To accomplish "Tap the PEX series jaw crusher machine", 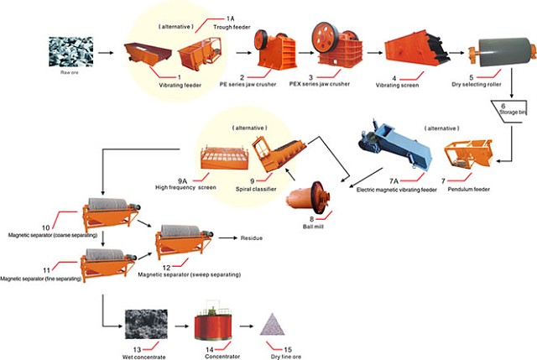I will (x=331, y=45).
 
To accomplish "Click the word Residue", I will (x=251, y=238).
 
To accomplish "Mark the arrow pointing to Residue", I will (x=226, y=238).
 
